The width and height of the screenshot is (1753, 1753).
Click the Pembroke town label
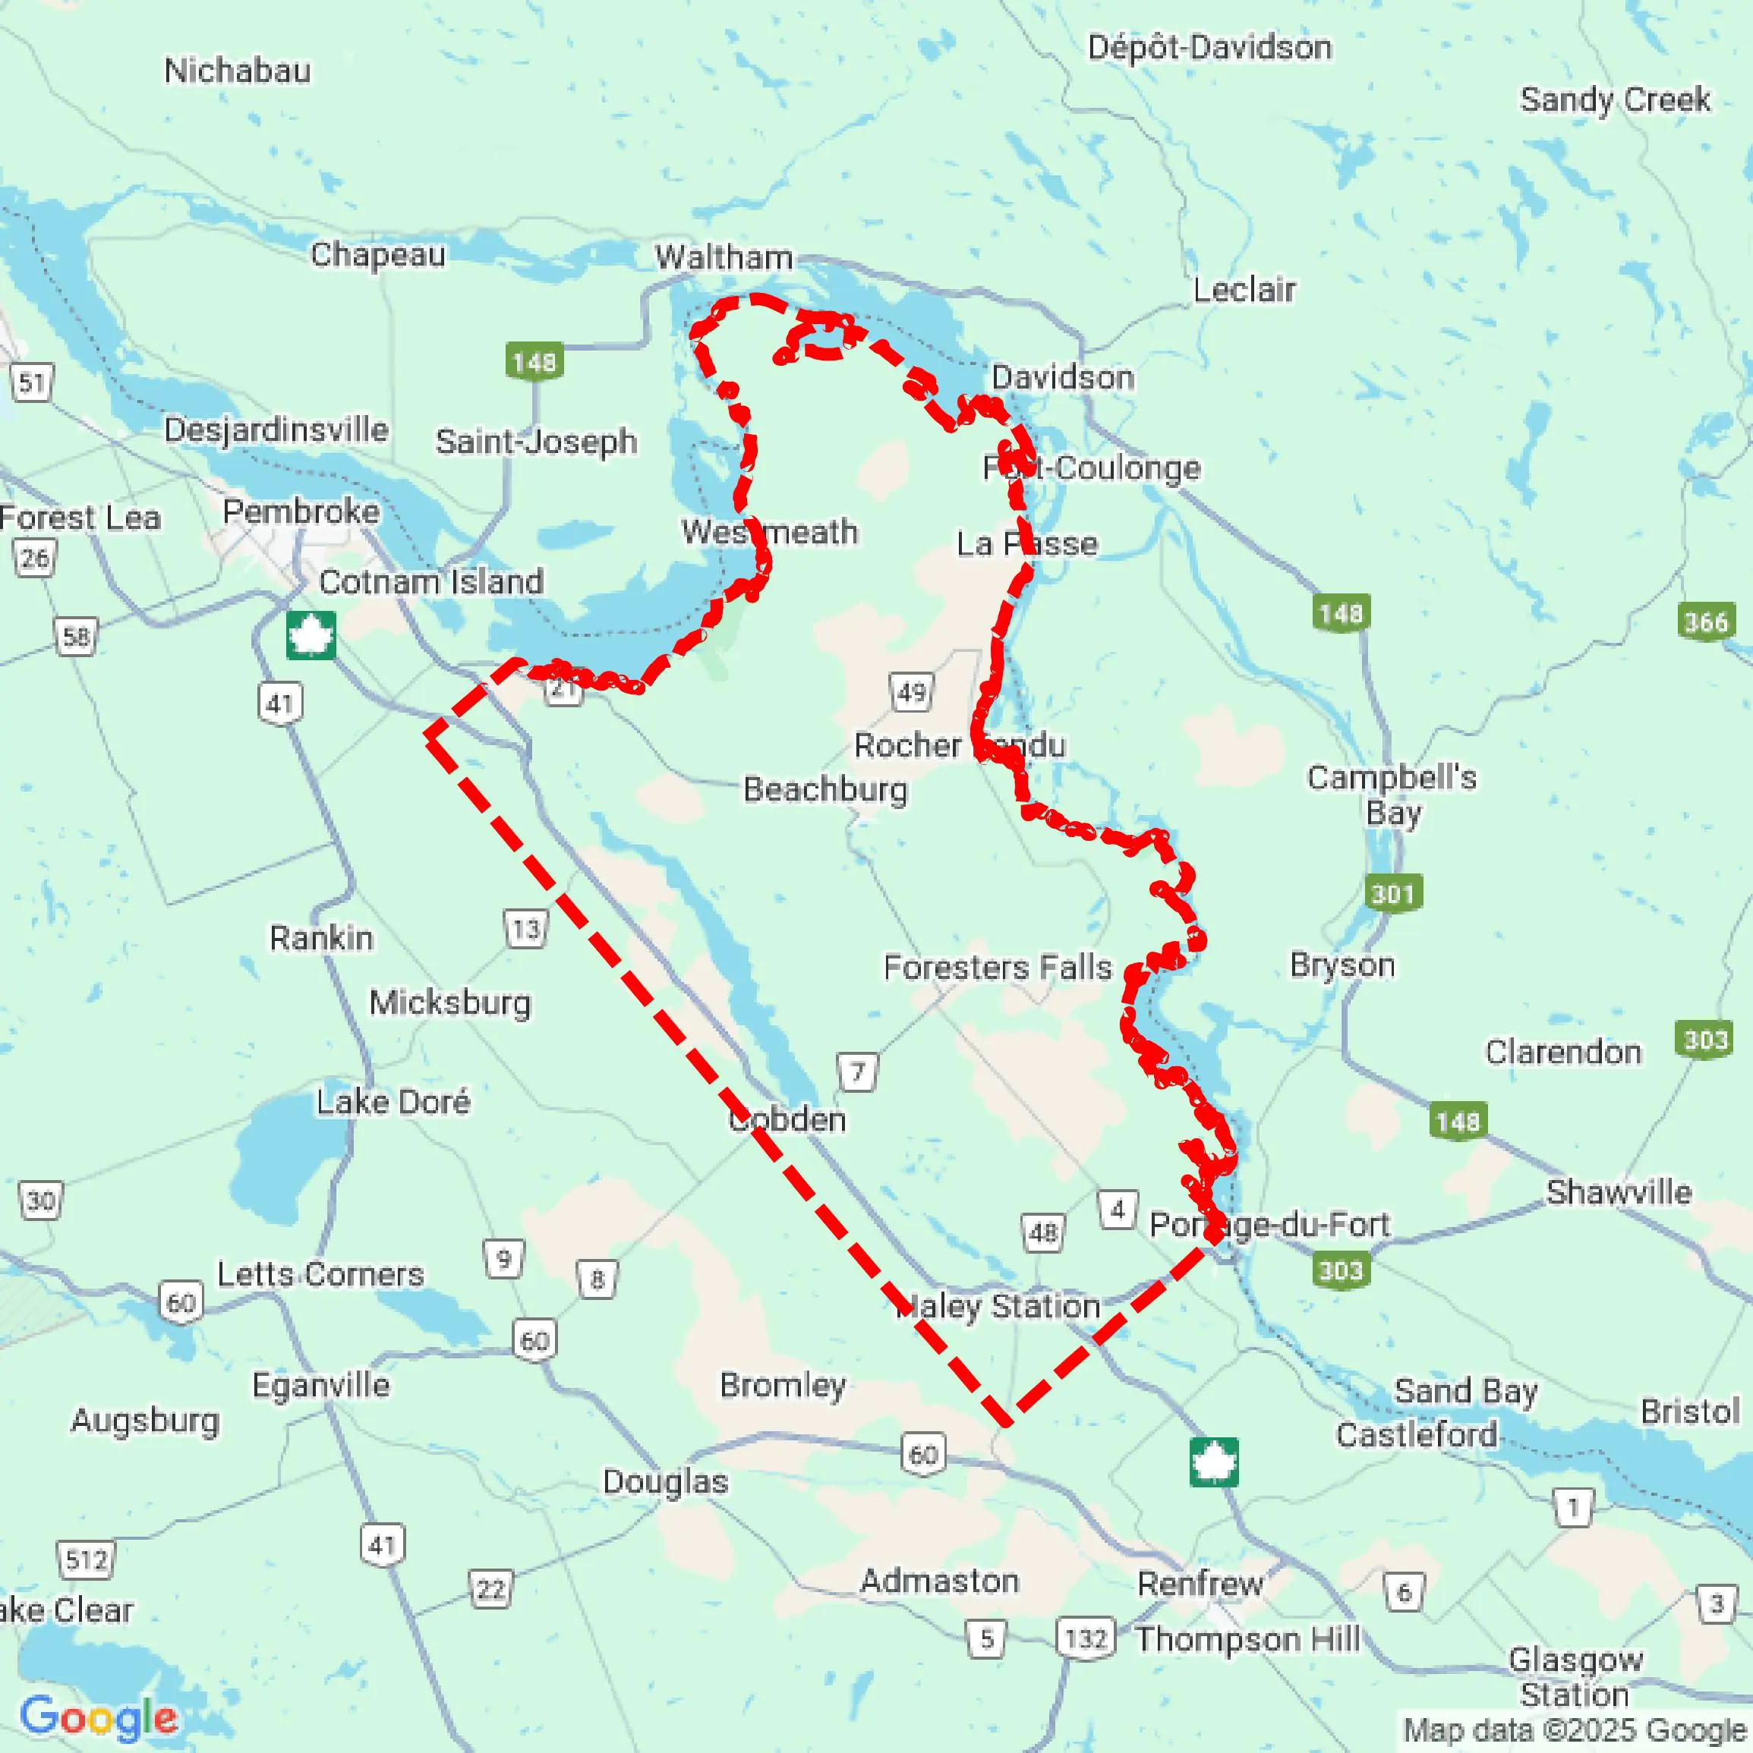click(x=301, y=511)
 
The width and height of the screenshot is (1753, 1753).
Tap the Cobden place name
click(x=787, y=1119)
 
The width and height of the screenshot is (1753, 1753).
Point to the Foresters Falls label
click(x=997, y=968)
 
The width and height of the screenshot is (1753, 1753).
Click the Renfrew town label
click(x=1200, y=1583)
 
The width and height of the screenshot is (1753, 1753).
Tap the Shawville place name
click(x=1619, y=1192)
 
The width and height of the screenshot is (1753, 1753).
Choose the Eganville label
click(x=320, y=1386)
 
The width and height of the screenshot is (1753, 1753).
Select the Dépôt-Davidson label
click(x=1209, y=47)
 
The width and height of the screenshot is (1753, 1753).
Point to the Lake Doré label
click(x=393, y=1102)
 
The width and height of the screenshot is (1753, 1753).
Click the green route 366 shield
click(x=1706, y=622)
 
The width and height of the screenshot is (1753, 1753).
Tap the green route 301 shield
click(x=1392, y=894)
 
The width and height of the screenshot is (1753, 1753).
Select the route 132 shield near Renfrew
click(x=1086, y=1638)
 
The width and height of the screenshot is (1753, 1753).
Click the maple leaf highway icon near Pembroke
click(x=311, y=634)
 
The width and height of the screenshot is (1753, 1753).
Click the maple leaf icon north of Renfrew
click(x=1214, y=1462)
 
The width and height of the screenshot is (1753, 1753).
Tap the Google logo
click(x=98, y=1717)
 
